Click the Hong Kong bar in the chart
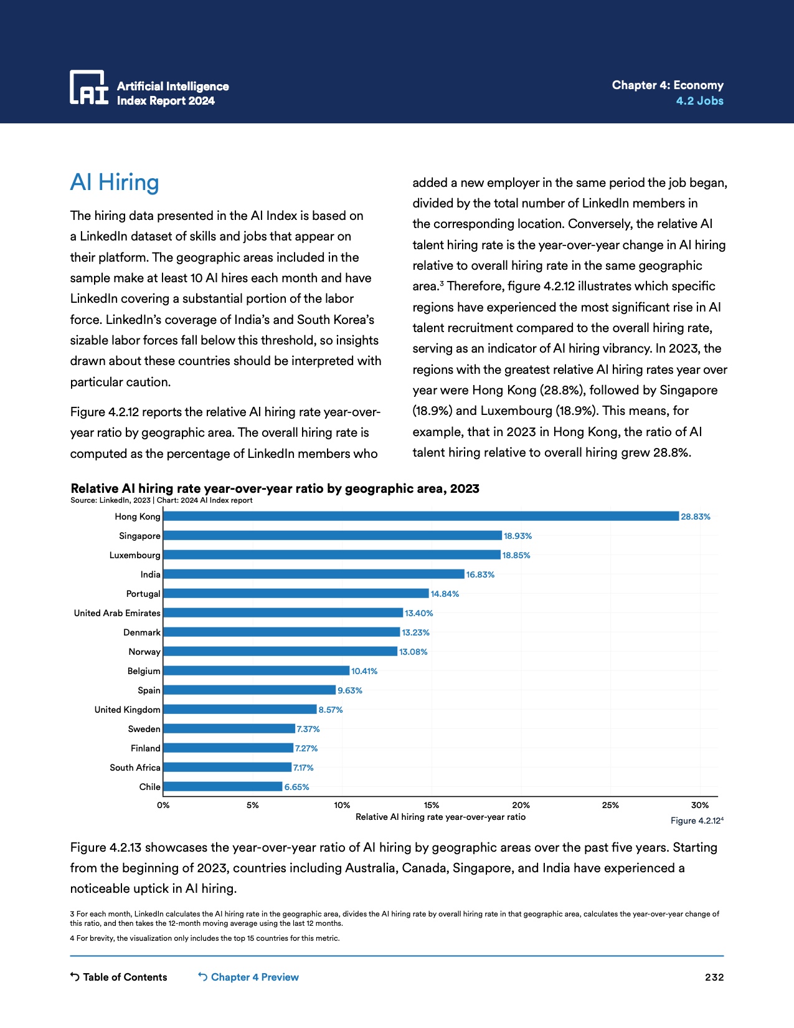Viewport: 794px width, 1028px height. [x=421, y=516]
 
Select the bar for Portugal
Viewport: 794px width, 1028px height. [x=296, y=594]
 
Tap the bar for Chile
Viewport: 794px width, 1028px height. [x=223, y=787]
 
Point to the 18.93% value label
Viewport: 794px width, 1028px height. [x=518, y=536]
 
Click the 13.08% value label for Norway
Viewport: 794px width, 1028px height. [x=413, y=652]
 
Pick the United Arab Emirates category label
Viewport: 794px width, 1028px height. [x=117, y=613]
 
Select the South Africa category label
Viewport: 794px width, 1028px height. [x=135, y=768]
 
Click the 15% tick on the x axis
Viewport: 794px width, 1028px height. [x=432, y=805]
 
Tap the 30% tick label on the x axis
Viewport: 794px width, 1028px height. [x=700, y=805]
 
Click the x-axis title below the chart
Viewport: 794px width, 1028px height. [x=440, y=817]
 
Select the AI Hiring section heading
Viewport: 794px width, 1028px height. [x=115, y=183]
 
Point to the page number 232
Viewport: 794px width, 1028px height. [x=714, y=977]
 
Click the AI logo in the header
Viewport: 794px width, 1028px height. [x=89, y=87]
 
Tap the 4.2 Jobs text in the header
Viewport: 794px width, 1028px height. [x=699, y=101]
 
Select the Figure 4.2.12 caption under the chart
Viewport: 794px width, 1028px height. [x=696, y=821]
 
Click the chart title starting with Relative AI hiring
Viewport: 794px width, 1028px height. [x=275, y=488]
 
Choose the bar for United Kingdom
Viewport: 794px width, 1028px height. [x=240, y=710]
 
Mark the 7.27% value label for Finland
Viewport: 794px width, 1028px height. [x=306, y=748]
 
